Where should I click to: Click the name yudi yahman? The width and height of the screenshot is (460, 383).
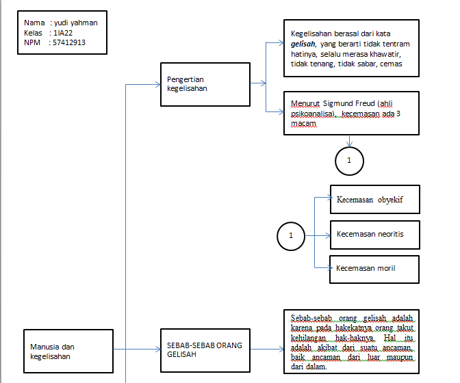(x=76, y=23)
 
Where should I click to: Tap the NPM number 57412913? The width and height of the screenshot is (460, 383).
(x=69, y=42)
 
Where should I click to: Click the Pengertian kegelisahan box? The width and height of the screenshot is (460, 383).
(x=205, y=84)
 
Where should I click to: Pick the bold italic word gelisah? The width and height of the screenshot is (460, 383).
(x=304, y=43)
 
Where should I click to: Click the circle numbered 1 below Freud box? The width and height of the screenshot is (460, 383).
(x=349, y=160)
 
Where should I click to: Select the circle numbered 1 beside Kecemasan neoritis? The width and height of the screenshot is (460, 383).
(x=291, y=236)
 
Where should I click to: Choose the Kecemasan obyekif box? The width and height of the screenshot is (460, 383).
(x=374, y=200)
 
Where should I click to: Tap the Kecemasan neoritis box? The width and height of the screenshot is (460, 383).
(x=374, y=234)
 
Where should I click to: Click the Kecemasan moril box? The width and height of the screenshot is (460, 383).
(x=374, y=267)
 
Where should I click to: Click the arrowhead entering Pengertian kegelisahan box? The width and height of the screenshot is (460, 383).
(x=157, y=85)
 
